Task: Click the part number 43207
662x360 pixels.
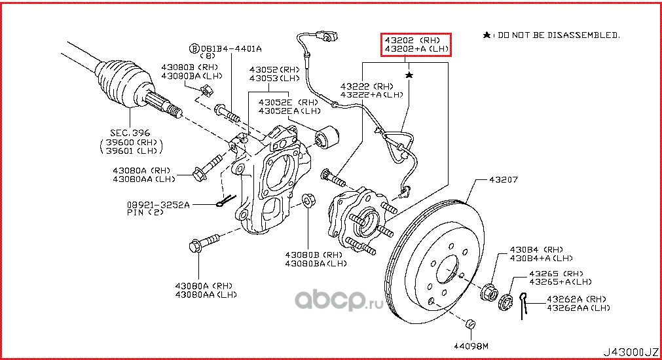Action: coord(500,179)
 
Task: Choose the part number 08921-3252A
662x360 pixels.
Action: coord(158,205)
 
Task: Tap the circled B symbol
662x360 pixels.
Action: coord(193,48)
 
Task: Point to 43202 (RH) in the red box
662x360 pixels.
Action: coord(416,39)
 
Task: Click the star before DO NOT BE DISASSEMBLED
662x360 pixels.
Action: coord(486,34)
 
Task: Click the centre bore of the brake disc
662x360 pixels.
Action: coord(447,268)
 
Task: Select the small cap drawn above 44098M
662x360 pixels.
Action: coord(469,324)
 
